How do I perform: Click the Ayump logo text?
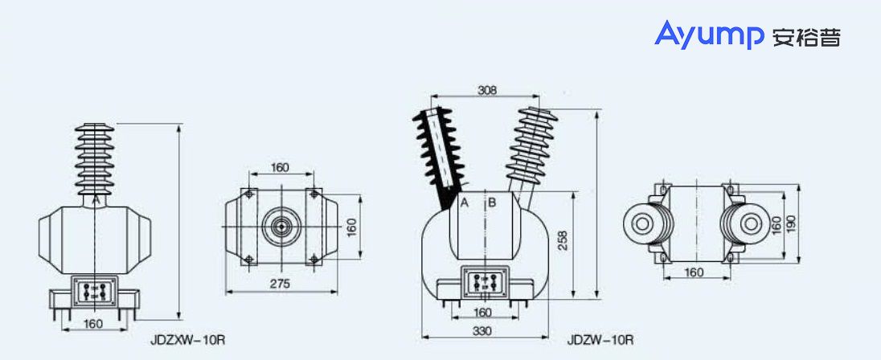[709, 35]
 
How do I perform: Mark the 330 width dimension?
[481, 331]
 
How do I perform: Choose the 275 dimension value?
[279, 284]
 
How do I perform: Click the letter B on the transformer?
[492, 202]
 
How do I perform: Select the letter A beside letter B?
[465, 202]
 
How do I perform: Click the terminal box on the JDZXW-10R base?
[96, 290]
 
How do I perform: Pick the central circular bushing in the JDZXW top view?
[280, 226]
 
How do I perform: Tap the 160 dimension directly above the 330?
[481, 313]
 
